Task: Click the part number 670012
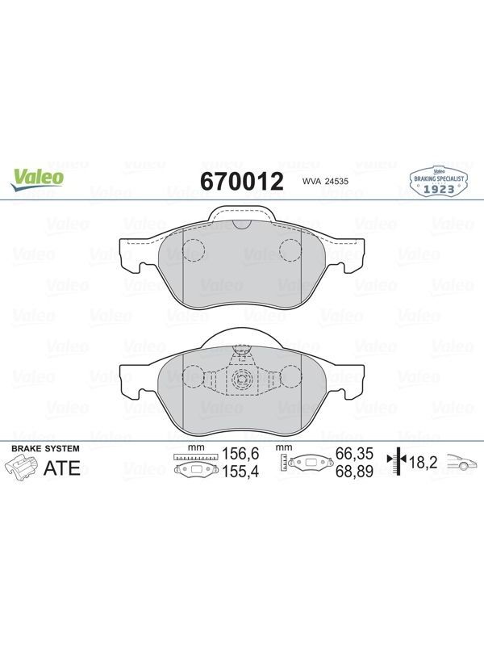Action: pos(242,181)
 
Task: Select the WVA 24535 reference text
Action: pos(325,181)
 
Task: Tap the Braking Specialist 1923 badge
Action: pos(439,181)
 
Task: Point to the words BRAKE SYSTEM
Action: pos(45,449)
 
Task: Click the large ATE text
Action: pos(62,468)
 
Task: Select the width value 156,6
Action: pos(240,454)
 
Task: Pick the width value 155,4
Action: pos(240,472)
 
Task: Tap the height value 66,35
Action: pos(354,454)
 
